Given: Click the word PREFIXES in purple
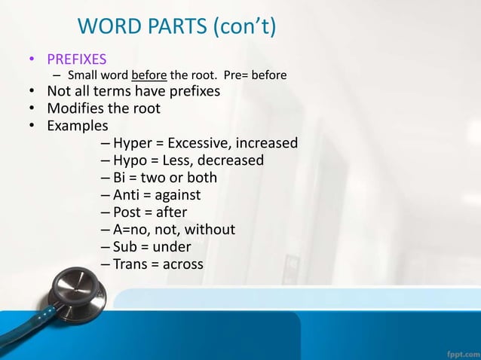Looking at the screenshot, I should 77,59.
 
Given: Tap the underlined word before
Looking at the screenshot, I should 149,75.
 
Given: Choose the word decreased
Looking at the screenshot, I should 230,160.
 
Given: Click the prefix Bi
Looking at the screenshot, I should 120,178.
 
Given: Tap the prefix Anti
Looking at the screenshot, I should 127,195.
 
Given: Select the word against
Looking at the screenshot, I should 176,196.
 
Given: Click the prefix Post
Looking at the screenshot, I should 127,212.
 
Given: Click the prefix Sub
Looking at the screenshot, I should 126,247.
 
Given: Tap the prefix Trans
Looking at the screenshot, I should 131,264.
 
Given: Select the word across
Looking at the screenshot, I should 183,264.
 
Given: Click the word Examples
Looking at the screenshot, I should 78,126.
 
